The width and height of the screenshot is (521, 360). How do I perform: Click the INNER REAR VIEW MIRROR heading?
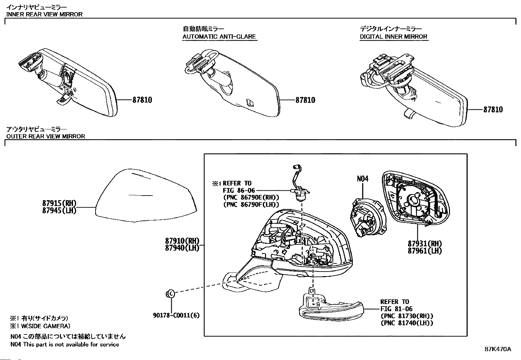[x=45, y=14]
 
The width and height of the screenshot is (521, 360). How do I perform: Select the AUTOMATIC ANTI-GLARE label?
[x=219, y=37]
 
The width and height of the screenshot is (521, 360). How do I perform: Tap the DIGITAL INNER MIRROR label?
[x=393, y=37]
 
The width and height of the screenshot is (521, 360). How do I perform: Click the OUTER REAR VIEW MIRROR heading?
[x=46, y=136]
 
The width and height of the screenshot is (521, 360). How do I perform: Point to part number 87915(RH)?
[x=59, y=203]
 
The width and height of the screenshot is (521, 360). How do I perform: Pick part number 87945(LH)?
[x=59, y=210]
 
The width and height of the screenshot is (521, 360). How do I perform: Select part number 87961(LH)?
[x=424, y=251]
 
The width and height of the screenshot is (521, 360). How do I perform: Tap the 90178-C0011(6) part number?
[x=176, y=315]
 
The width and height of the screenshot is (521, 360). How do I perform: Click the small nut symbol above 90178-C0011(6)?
[x=170, y=294]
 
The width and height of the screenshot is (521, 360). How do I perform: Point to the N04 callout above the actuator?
[x=362, y=179]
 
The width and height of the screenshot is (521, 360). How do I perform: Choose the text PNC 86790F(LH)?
[x=251, y=204]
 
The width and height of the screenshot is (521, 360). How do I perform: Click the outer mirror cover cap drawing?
[x=146, y=197]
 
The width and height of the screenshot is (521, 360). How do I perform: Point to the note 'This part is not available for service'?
[x=71, y=344]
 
